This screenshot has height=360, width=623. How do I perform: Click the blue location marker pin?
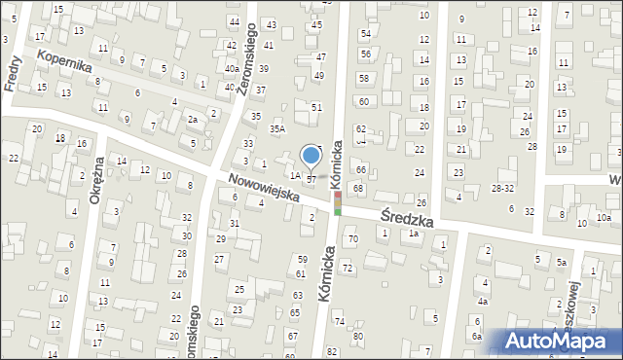311,156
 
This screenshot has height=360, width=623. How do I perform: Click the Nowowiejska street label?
263,189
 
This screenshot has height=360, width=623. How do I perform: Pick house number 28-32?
502,188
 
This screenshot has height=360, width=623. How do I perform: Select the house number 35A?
277,128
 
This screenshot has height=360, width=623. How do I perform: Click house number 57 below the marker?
311,180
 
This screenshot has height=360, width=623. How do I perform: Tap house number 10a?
604,217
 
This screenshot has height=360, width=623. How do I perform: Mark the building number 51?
316,107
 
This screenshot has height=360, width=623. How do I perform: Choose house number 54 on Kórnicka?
365,34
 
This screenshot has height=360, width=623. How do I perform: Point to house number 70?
352,238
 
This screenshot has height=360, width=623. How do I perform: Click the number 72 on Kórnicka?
347,268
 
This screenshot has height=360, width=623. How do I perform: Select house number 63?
298,295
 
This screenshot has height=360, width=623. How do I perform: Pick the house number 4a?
482,302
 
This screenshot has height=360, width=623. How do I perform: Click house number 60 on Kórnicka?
363,101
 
